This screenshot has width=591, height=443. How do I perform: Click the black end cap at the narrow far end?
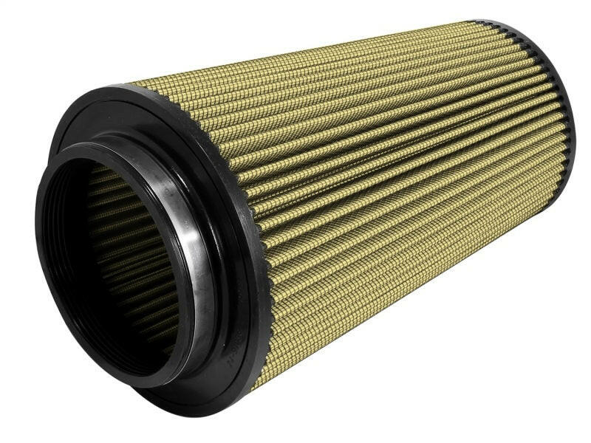550,89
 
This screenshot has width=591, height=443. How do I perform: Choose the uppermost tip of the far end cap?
488,21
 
